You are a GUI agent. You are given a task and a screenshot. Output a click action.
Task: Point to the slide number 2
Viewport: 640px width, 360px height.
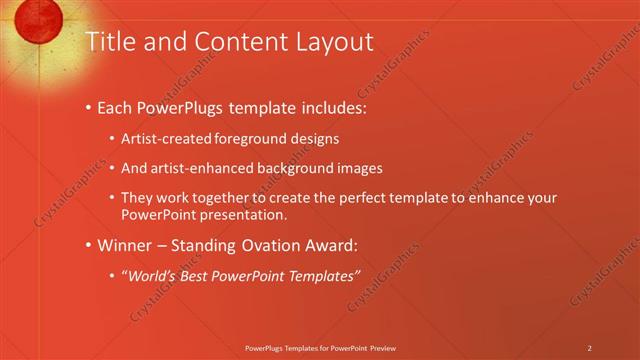[x=589, y=348]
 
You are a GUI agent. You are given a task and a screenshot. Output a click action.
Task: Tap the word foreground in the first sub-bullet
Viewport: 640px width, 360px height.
[x=240, y=139]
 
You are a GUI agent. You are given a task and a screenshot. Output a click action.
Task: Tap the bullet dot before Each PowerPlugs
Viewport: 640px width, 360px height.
[x=89, y=106]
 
